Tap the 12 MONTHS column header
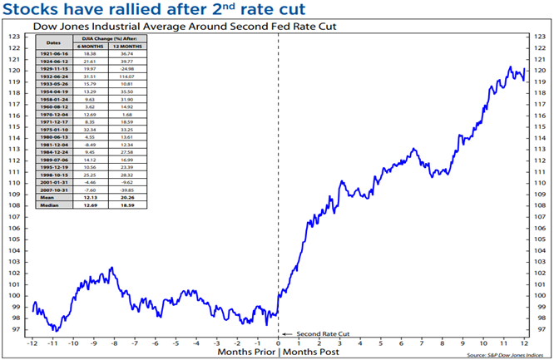pos(126,46)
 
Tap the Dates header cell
pos(53,42)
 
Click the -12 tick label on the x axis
pos(32,343)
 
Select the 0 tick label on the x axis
pos(278,343)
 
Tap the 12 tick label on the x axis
pos(523,343)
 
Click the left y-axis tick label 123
pos(14,37)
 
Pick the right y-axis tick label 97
pos(541,329)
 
